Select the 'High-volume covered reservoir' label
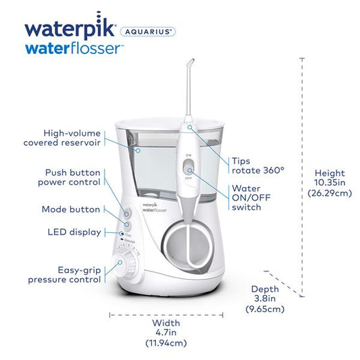point(72,138)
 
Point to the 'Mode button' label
point(71,209)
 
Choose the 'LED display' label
point(75,232)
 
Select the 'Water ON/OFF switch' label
point(247,198)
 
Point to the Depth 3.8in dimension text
point(265,298)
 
